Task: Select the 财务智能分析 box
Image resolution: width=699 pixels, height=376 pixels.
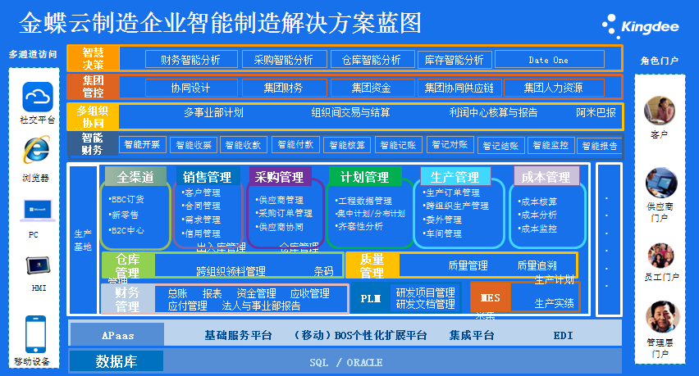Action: [x=191, y=60]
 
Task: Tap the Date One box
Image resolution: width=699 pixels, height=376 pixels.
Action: [x=548, y=60]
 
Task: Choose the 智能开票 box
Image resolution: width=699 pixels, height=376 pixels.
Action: [x=142, y=144]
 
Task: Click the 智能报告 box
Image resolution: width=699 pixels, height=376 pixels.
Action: [x=598, y=146]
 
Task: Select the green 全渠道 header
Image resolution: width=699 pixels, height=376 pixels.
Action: [x=135, y=177]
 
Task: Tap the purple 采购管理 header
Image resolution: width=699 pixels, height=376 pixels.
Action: [x=279, y=177]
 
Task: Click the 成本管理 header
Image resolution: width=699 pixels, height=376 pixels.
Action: [x=546, y=177]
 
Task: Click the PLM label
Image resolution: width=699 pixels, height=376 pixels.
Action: [x=371, y=299]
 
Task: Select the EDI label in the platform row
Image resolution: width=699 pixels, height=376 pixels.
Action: [x=563, y=335]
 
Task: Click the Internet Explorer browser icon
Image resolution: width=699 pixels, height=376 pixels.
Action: [x=37, y=149]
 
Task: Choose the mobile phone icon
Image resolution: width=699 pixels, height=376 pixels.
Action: [x=36, y=333]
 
